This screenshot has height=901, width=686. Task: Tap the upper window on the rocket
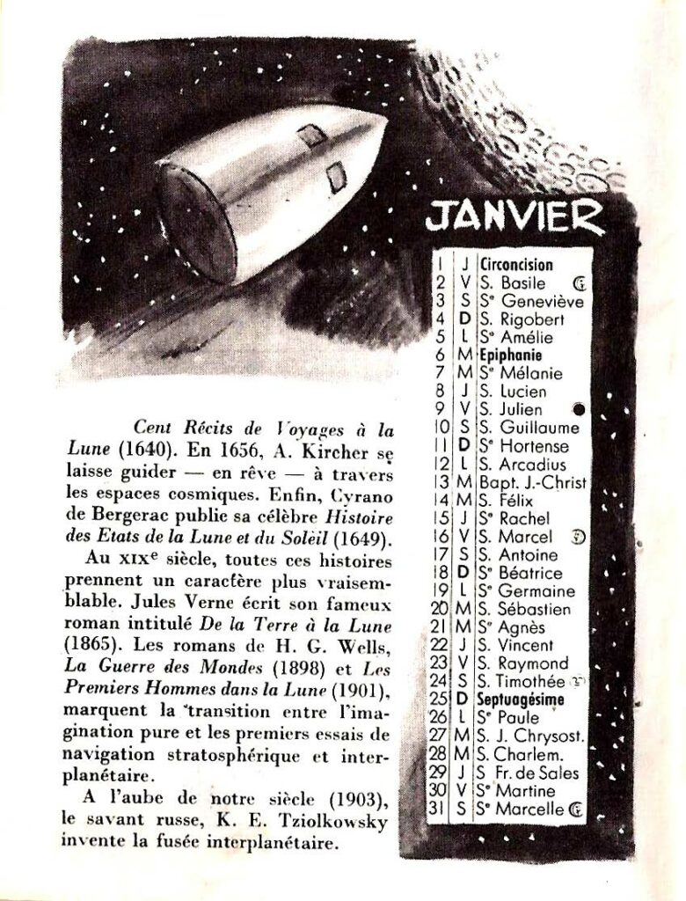[310, 136]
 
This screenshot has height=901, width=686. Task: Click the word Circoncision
[516, 264]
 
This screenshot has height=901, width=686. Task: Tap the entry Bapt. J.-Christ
[533, 482]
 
